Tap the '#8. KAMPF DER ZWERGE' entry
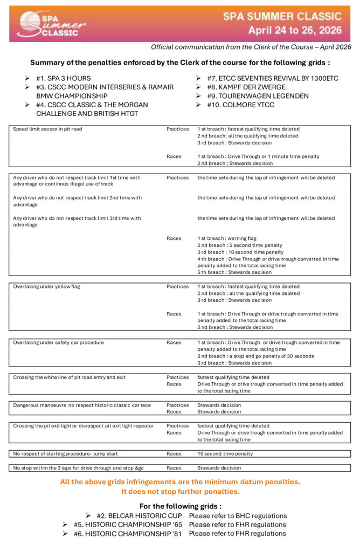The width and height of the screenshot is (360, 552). pos(246,87)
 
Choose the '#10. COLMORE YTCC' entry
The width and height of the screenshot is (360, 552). pos(240,105)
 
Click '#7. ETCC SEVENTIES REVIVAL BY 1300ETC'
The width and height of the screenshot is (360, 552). pos(273,78)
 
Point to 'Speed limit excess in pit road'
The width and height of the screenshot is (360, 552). pos(47,129)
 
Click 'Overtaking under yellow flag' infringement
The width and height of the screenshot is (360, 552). pos(46,287)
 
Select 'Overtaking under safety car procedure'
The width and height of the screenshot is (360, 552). pos(58,342)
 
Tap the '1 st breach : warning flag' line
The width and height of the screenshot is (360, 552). pos(227,238)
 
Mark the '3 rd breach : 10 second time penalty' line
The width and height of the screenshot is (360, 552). pos(240,252)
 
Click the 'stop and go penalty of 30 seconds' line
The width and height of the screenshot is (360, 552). pos(248,356)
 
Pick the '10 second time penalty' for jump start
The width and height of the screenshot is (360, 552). pos(225,454)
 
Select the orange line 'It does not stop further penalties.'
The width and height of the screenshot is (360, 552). pos(180,492)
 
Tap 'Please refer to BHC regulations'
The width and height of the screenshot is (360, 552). pos(238,516)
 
